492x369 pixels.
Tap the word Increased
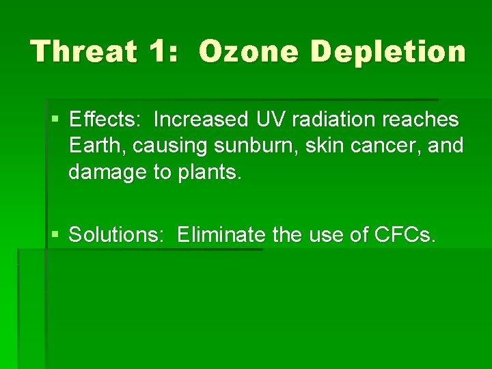point(202,120)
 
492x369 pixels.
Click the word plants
point(210,172)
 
